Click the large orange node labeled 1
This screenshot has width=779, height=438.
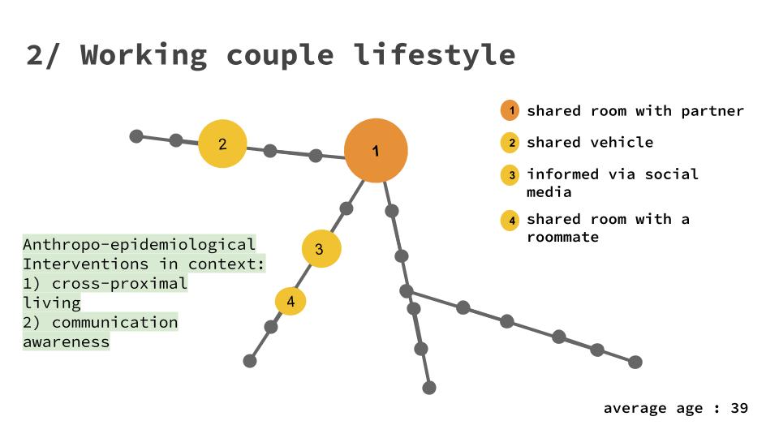tap(375, 151)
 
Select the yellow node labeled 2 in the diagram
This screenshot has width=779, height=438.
tap(222, 144)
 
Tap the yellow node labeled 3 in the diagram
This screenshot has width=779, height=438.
tap(321, 249)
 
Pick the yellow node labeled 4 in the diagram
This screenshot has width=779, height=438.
tap(291, 302)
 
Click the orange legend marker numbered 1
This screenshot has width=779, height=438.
tap(510, 111)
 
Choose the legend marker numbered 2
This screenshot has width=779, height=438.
tap(510, 144)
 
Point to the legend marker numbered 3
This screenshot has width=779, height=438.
tap(510, 174)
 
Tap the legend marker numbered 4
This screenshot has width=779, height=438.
tap(510, 220)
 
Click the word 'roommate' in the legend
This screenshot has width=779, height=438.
tap(562, 238)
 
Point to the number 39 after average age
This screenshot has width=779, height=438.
tap(738, 408)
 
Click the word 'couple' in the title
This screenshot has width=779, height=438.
tap(280, 55)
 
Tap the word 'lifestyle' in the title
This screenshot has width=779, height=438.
tap(434, 55)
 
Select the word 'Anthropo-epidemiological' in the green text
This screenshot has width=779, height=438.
tap(139, 244)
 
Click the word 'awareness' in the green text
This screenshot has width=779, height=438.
tap(66, 341)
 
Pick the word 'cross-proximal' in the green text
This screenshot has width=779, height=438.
tap(119, 283)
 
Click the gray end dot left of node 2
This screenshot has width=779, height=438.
tap(136, 135)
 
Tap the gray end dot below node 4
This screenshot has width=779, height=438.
tap(250, 361)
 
